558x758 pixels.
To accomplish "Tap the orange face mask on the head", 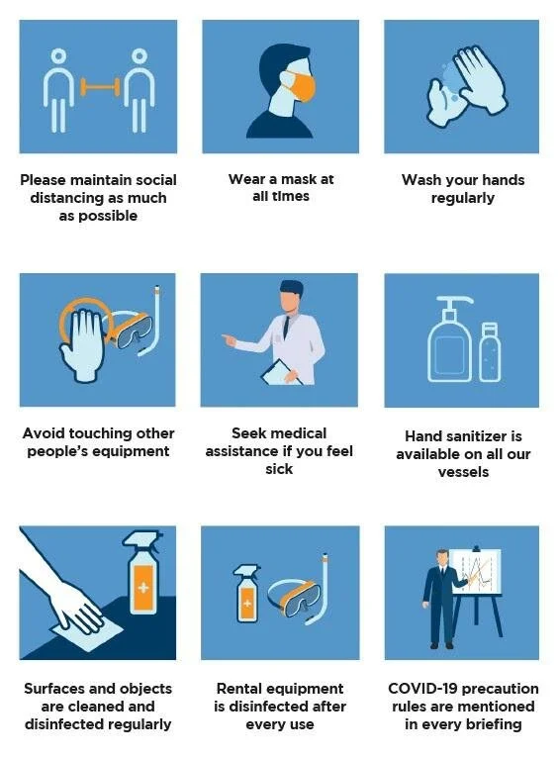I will tap(302, 88).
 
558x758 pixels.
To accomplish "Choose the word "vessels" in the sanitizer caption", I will tap(462, 472).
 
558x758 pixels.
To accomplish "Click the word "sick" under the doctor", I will tap(279, 469).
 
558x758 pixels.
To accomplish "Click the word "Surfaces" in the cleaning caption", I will tap(58, 689).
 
